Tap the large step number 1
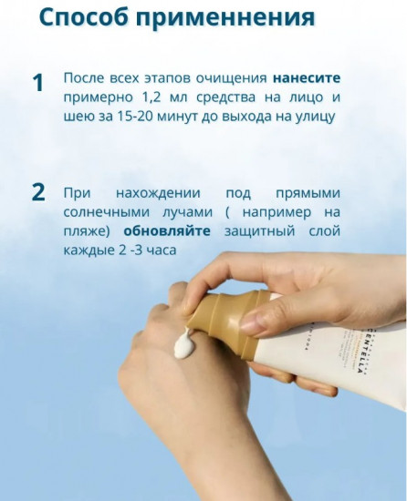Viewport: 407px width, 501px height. (37, 83)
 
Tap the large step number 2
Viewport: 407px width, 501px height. (37, 192)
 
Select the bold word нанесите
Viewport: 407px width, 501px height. (306, 79)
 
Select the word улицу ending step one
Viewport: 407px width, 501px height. (309, 116)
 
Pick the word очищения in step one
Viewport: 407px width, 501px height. (223, 79)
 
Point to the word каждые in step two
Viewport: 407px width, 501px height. (89, 248)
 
